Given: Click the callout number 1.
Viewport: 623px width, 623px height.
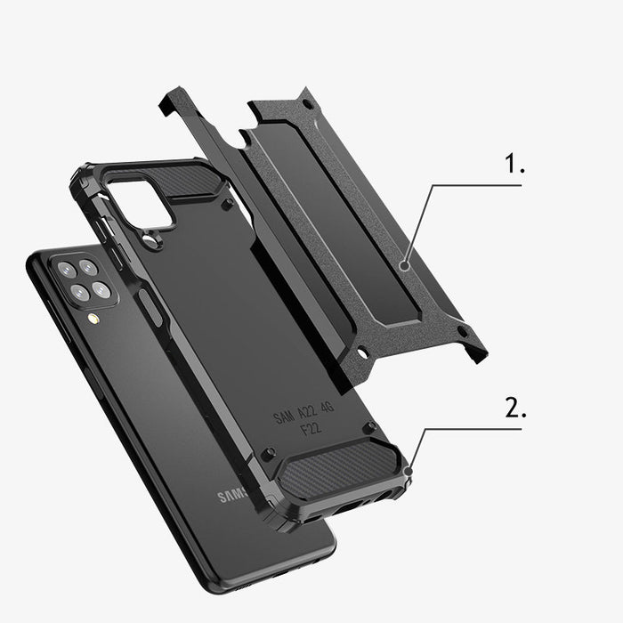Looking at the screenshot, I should [515, 165].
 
